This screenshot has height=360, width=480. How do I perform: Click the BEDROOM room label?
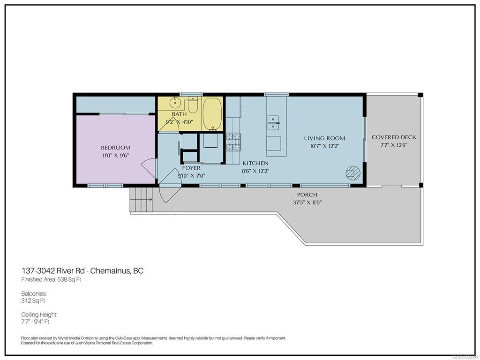pyautogui.click(x=116, y=148)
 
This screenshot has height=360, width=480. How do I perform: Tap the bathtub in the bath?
pyautogui.click(x=212, y=114)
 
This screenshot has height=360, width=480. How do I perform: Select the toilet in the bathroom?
pyautogui.click(x=193, y=105)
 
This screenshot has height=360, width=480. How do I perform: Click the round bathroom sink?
pyautogui.click(x=175, y=103)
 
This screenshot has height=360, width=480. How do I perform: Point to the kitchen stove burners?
pyautogui.click(x=233, y=142)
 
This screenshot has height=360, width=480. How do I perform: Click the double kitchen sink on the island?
pyautogui.click(x=273, y=123)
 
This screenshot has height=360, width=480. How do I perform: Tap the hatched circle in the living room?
pyautogui.click(x=353, y=172)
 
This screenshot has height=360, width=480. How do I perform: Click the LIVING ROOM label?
pyautogui.click(x=324, y=138)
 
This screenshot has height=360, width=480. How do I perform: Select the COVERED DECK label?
pyautogui.click(x=394, y=137)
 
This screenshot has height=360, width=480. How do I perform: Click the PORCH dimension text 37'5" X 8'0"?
pyautogui.click(x=307, y=202)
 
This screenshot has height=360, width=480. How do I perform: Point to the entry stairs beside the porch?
pyautogui.click(x=141, y=200)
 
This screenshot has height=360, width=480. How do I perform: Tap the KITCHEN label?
pyautogui.click(x=255, y=164)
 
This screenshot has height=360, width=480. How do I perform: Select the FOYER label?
pyautogui.click(x=191, y=168)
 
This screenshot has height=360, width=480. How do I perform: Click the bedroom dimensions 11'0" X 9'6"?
pyautogui.click(x=116, y=156)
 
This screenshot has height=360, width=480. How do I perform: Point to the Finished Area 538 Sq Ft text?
pyautogui.click(x=51, y=279)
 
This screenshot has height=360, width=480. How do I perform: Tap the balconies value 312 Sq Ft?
pyautogui.click(x=33, y=300)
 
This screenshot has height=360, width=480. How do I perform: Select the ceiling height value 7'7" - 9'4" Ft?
pyautogui.click(x=35, y=322)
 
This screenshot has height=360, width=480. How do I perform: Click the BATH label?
pyautogui.click(x=179, y=114)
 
